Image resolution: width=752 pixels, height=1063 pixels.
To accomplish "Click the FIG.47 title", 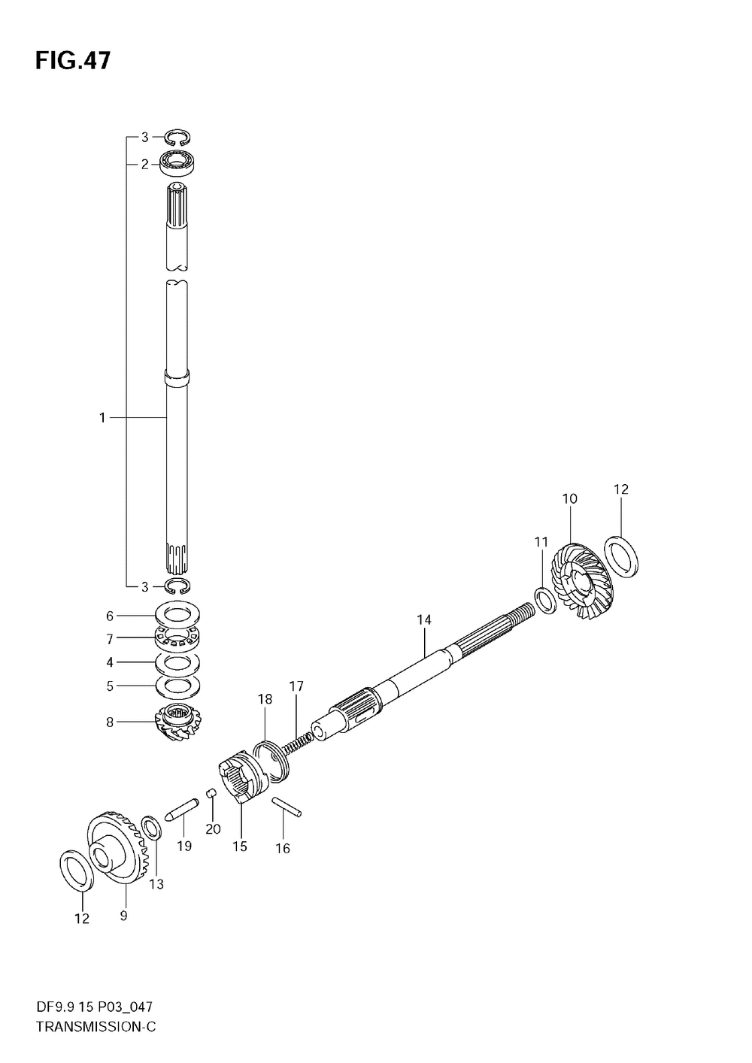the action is (x=72, y=61).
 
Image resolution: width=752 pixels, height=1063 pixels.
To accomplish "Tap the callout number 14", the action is (x=424, y=620).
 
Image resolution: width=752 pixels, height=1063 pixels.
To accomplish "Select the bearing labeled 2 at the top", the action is (x=178, y=162).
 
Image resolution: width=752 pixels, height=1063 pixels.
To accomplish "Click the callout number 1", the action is (x=103, y=417).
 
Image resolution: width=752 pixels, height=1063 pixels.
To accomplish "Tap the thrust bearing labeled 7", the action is (x=177, y=638).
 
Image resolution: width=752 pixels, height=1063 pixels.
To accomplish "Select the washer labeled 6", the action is (x=177, y=616).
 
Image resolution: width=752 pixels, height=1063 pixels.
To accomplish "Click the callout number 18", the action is (x=265, y=699).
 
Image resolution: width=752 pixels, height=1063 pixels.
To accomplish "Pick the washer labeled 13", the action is (x=151, y=829).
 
